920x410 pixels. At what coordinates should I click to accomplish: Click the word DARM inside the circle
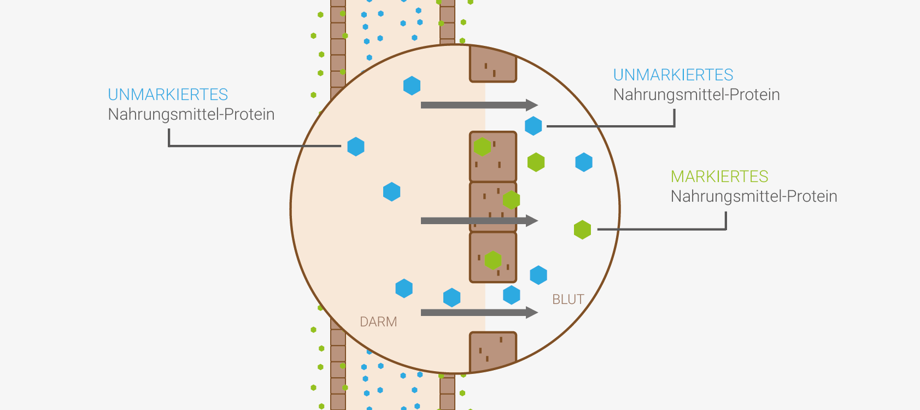pyautogui.click(x=378, y=322)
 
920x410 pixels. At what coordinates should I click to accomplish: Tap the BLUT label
pyautogui.click(x=568, y=300)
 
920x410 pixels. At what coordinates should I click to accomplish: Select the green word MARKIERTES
pyautogui.click(x=719, y=177)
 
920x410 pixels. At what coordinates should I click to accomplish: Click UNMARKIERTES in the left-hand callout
pyautogui.click(x=168, y=95)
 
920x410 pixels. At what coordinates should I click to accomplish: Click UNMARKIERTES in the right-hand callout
pyautogui.click(x=673, y=75)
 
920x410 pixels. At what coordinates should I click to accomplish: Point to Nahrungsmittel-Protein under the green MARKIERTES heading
pyautogui.click(x=754, y=196)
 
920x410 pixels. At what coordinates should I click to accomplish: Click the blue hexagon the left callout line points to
pyautogui.click(x=356, y=147)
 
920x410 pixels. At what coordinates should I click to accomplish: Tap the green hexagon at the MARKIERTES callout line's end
pyautogui.click(x=583, y=230)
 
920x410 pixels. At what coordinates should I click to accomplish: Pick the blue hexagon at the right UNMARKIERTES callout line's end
pyautogui.click(x=534, y=126)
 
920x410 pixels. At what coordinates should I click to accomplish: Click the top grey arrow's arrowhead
pyautogui.click(x=532, y=105)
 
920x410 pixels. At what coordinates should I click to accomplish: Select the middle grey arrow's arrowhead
pyautogui.click(x=532, y=221)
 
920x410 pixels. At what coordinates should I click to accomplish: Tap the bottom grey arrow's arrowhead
pyautogui.click(x=532, y=313)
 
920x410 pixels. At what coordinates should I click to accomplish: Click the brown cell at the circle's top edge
pyautogui.click(x=493, y=65)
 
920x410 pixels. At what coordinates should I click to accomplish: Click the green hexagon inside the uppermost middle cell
pyautogui.click(x=482, y=147)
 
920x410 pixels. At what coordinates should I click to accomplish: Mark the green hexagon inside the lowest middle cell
pyautogui.click(x=493, y=260)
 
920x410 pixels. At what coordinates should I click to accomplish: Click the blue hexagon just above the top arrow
pyautogui.click(x=412, y=86)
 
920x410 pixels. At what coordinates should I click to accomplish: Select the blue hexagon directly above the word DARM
pyautogui.click(x=404, y=288)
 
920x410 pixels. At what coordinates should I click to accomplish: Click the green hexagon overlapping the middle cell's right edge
pyautogui.click(x=511, y=200)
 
